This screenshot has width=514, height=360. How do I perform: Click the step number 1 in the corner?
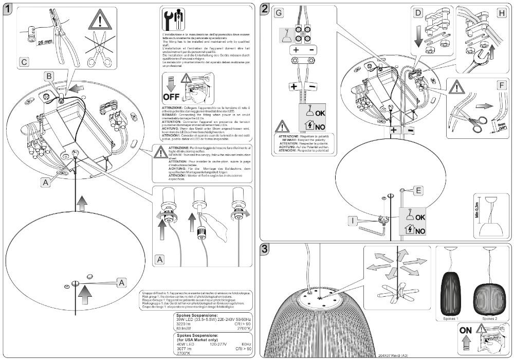tap(9, 10)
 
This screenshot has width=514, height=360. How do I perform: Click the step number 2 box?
tap(265, 9)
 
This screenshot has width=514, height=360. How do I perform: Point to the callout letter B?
tap(49, 77)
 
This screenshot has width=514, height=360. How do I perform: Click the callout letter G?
tap(279, 12)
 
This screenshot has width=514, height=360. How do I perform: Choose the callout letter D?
tap(418, 12)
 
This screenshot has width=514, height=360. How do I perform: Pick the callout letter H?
tap(501, 12)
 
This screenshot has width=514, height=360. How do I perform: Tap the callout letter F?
tap(501, 85)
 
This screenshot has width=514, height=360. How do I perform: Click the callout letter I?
tap(353, 222)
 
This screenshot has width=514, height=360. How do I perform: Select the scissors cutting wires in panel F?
tap(478, 120)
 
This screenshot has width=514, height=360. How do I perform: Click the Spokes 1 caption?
tap(452, 318)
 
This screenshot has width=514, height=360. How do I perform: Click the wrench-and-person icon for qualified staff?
tap(171, 20)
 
